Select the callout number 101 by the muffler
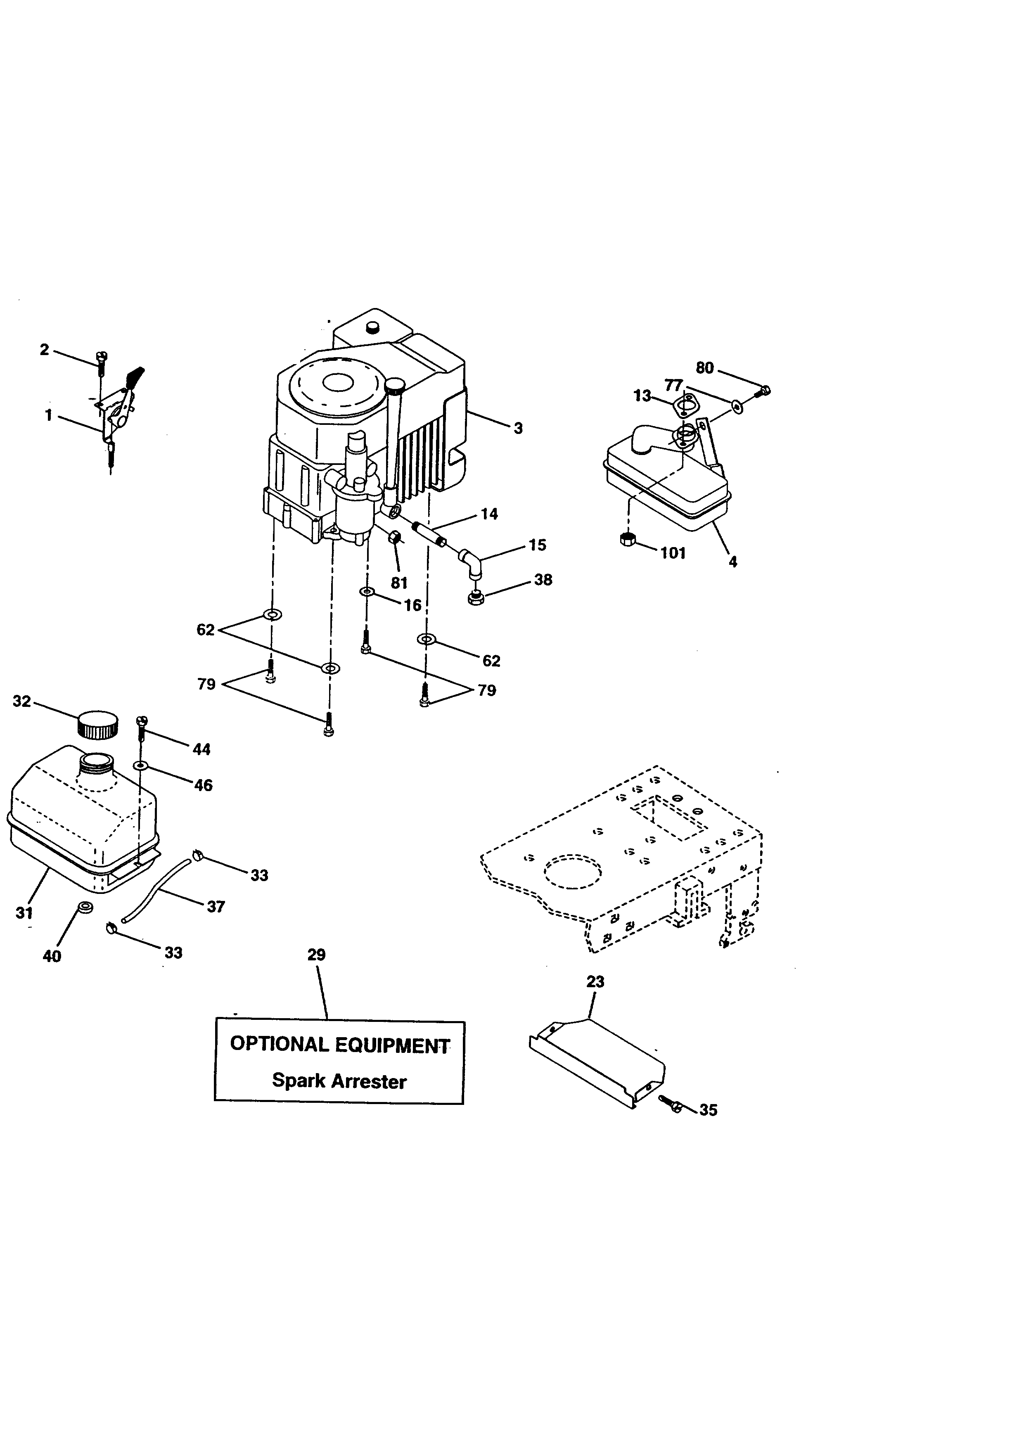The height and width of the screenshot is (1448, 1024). tap(673, 553)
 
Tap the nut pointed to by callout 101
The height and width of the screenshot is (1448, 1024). tap(627, 539)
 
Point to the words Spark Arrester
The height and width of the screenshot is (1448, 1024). tap(339, 1081)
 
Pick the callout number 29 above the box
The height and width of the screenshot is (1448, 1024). tap(317, 955)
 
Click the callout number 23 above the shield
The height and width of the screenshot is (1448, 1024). tap(595, 982)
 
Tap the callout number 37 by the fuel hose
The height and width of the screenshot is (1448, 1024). tap(216, 906)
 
